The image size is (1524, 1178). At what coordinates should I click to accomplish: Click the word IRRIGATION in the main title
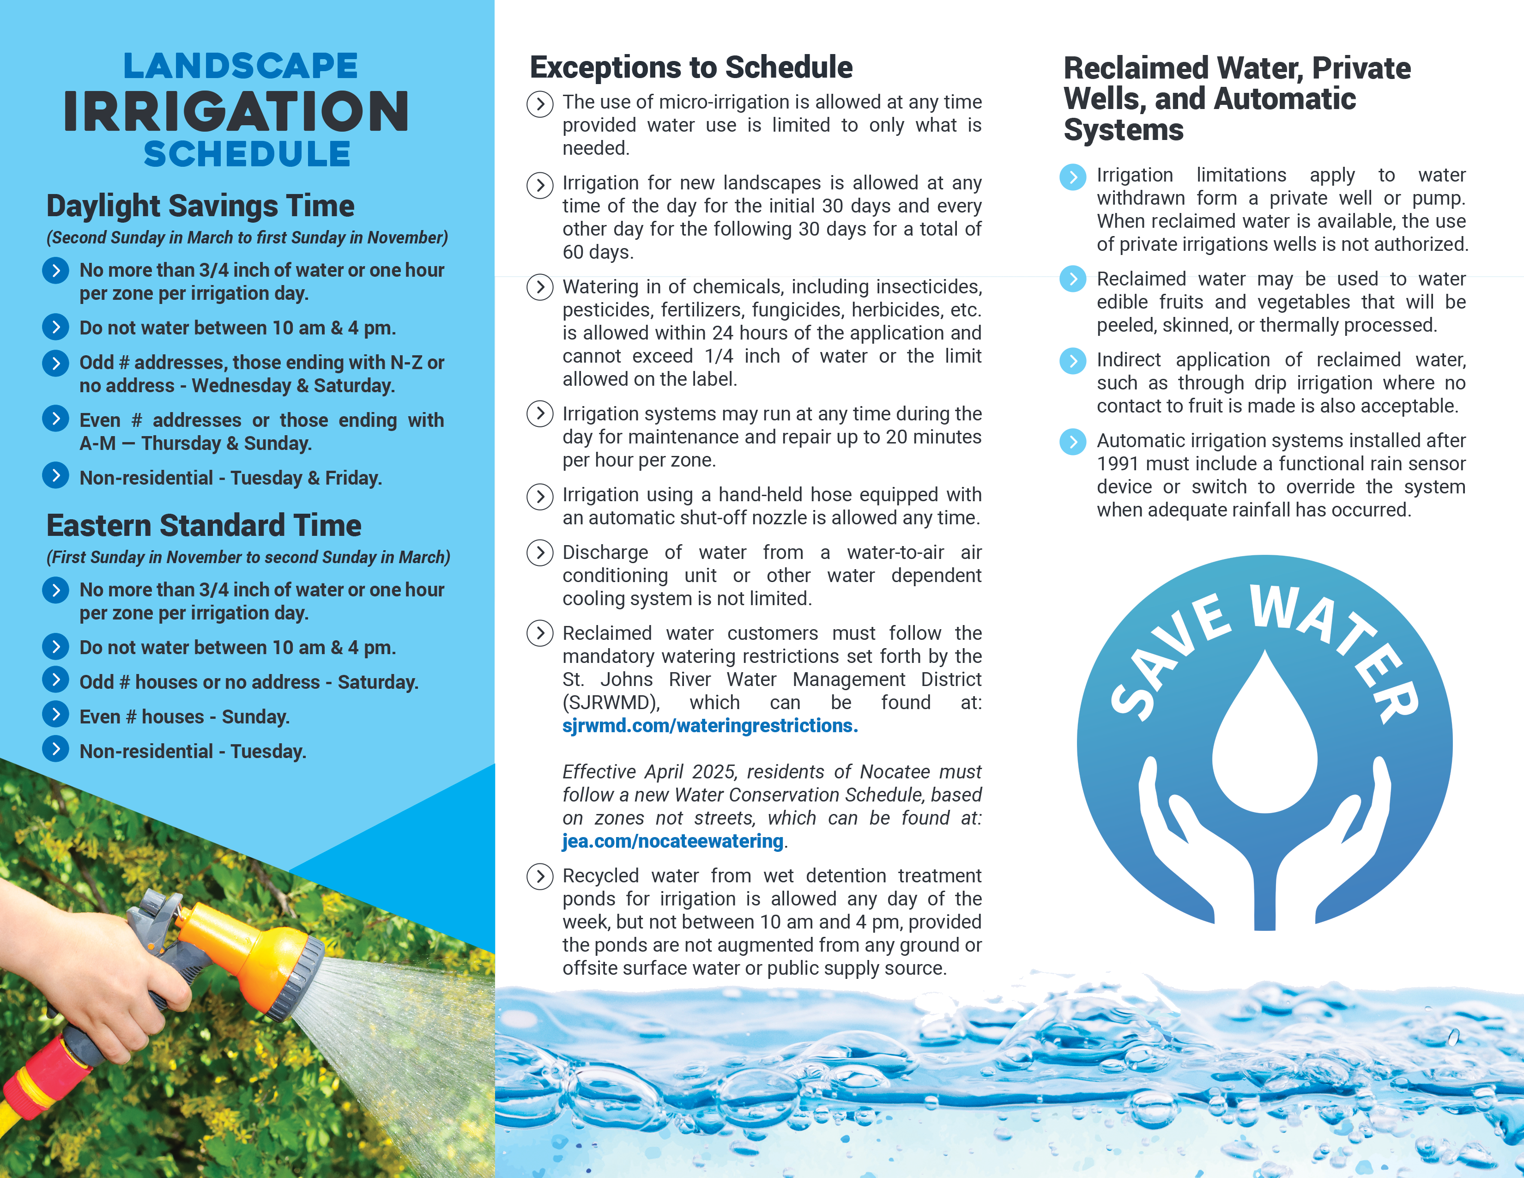(236, 112)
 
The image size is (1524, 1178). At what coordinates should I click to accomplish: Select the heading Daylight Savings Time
(200, 206)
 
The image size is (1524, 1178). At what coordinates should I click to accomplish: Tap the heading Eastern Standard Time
(204, 526)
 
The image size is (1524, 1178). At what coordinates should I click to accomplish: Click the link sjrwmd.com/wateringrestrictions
(710, 726)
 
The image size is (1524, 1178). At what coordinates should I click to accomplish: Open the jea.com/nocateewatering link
(673, 842)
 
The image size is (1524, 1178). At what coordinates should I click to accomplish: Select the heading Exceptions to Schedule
(691, 68)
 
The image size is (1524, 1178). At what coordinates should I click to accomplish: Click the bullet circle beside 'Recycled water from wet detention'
(539, 876)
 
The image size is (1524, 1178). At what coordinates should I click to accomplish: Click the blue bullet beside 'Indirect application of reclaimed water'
(1072, 361)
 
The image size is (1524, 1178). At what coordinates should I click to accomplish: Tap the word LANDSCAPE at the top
(241, 67)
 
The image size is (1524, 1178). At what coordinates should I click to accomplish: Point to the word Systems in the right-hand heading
(1124, 130)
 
